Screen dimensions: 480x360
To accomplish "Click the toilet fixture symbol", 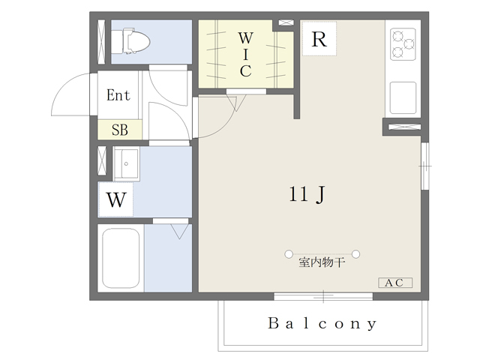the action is coord(130,41).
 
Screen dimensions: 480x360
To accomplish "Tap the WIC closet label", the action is coord(246,55).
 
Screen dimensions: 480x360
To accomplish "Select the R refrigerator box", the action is coord(319,38).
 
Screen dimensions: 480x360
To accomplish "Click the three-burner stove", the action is coord(403,44).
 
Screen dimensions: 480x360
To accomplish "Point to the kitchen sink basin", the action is coord(403,97).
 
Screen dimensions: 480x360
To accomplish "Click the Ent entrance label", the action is coord(118,95).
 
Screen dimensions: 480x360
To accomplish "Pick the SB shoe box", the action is coord(120,130).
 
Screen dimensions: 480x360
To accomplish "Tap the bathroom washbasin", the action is coord(126,163).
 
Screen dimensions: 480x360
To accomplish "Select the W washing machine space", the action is coord(115,199).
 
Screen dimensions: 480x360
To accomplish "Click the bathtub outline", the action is coord(121,258).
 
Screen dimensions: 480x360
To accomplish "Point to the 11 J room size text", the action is coord(307,194).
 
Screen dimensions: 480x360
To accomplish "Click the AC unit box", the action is coord(395,283).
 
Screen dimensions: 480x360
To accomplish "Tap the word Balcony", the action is coord(322,324).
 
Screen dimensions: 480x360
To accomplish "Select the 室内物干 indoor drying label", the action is coord(322,262).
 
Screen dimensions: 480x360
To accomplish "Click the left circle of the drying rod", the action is coord(289,254).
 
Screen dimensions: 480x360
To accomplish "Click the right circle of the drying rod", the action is coord(355,254).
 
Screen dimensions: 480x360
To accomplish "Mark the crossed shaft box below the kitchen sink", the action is coord(404,127).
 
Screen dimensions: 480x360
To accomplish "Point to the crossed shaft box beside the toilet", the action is coord(101,42).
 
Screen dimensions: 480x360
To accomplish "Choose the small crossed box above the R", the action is coord(286,22).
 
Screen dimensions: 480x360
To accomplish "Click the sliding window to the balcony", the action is coord(323,296).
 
